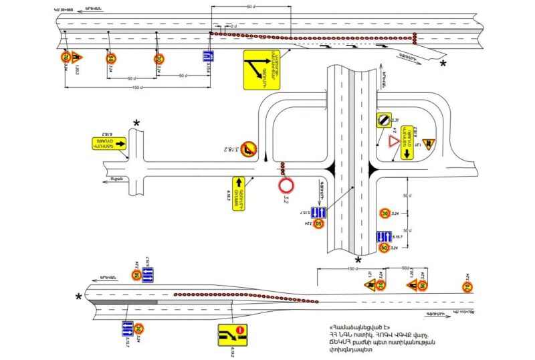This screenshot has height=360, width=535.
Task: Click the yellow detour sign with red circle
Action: click(231, 334)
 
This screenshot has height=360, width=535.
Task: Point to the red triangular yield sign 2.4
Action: click(391, 142)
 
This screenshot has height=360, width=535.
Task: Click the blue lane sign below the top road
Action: click(209, 58)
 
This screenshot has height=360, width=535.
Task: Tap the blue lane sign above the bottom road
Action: click(148, 274)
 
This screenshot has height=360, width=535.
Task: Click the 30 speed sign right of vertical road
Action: click(385, 213)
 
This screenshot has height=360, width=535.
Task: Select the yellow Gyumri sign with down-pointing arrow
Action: click(406, 143)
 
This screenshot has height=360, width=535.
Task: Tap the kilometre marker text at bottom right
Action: click(462, 312)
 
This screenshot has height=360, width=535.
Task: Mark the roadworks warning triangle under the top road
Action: click(77, 57)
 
